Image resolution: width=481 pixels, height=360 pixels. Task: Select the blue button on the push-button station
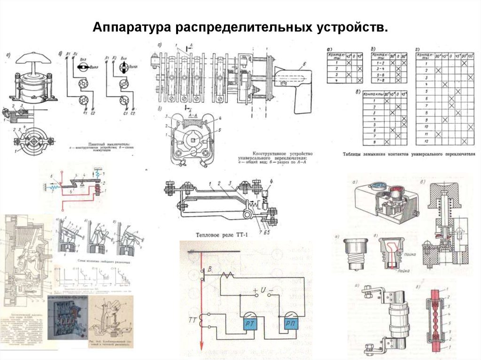pos(377,186)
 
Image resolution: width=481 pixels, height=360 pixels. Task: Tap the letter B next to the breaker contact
pos(203,270)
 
